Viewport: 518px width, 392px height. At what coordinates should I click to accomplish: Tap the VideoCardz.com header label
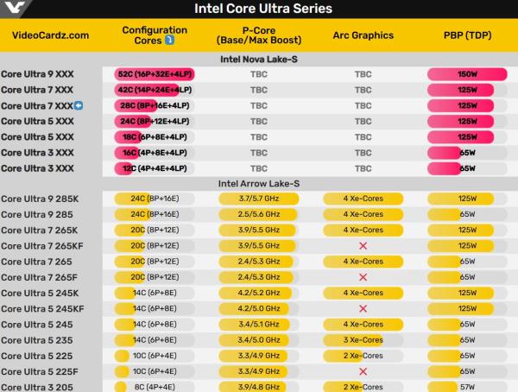(50, 35)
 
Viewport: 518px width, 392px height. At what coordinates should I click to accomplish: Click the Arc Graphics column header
(363, 35)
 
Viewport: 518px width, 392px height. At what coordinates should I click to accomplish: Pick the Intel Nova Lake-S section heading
(259, 59)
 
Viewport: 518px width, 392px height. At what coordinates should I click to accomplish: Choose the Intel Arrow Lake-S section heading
(259, 183)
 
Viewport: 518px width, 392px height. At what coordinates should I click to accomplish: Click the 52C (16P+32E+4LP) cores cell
(155, 74)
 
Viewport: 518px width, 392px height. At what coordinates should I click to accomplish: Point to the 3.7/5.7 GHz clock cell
(259, 199)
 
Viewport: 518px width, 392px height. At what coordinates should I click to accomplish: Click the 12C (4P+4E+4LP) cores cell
(155, 168)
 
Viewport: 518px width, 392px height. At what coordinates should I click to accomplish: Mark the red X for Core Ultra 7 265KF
(363, 246)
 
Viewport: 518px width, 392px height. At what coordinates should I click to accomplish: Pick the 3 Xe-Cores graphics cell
(363, 339)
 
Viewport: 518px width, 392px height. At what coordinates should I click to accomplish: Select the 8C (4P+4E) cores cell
(155, 387)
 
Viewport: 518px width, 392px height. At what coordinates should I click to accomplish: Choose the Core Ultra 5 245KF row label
(42, 308)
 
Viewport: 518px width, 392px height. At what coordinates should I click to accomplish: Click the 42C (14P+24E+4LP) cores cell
(155, 90)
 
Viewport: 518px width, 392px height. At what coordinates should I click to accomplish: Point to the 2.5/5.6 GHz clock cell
(259, 214)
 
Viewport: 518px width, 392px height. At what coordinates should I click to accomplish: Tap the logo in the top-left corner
(15, 8)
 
